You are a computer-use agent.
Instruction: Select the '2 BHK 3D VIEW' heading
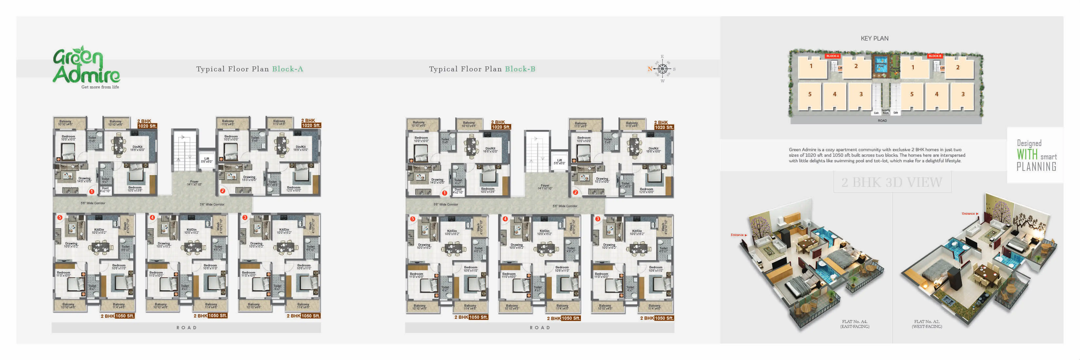[x=892, y=182]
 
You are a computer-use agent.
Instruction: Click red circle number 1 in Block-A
[x=91, y=191]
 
